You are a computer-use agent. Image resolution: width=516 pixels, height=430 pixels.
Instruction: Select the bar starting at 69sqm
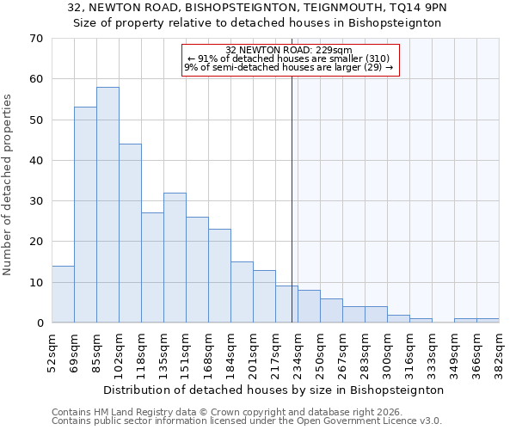pos(85,215)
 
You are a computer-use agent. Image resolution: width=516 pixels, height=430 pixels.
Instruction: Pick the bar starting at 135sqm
pos(175,258)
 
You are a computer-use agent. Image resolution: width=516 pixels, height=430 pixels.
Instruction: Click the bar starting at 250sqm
pos(331,310)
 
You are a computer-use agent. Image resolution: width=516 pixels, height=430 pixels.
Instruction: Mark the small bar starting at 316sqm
pos(421,321)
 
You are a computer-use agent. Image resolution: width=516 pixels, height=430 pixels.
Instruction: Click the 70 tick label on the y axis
pos(35,39)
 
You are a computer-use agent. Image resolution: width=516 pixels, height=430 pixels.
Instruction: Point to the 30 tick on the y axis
pos(35,201)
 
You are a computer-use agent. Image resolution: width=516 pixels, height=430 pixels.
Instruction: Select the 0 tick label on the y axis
pos(39,323)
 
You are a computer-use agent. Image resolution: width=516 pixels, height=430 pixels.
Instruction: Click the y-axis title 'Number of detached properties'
pos(9,185)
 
